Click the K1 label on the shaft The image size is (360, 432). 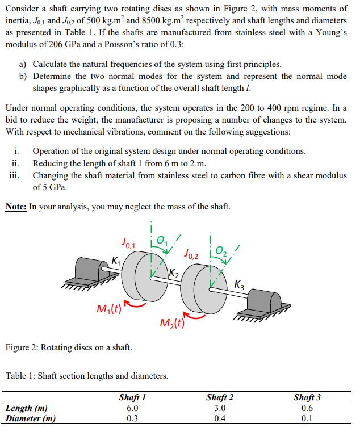point(116,262)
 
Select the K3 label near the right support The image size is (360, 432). point(240,284)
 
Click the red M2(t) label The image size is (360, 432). point(173,324)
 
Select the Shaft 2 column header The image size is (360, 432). point(220,398)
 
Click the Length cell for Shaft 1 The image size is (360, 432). point(132,408)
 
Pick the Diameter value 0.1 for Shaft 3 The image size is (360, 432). point(307,419)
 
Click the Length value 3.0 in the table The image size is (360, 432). point(220,408)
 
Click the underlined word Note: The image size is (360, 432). point(16,207)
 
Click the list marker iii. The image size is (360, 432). point(14,175)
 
